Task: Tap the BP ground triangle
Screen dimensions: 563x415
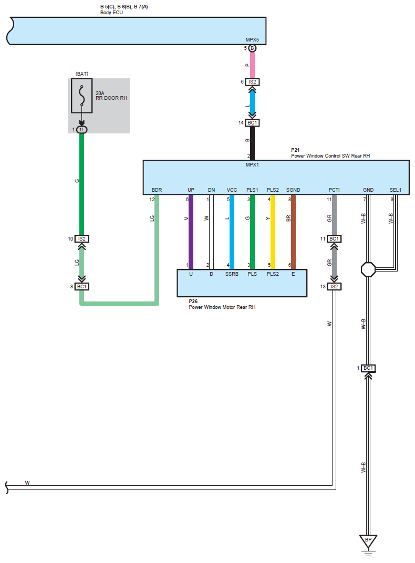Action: [x=368, y=540]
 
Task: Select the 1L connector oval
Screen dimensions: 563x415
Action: [x=81, y=129]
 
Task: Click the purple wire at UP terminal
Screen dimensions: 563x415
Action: [x=191, y=231]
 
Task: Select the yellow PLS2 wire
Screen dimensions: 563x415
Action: [x=273, y=231]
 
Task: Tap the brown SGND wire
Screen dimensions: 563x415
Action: [x=293, y=231]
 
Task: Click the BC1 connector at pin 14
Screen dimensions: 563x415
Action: [x=252, y=123]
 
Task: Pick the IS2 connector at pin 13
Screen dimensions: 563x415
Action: [x=334, y=286]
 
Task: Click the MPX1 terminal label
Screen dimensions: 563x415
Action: [x=252, y=165]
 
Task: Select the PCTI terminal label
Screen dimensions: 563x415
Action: [x=334, y=190]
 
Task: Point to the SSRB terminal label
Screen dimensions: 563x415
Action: [x=232, y=274]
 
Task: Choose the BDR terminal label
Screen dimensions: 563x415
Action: [x=157, y=190]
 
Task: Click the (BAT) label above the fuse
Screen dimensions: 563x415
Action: [x=82, y=74]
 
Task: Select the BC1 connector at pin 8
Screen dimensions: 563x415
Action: [x=81, y=287]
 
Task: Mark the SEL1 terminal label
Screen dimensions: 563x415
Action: [x=395, y=190]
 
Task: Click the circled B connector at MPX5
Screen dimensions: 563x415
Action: [x=252, y=48]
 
